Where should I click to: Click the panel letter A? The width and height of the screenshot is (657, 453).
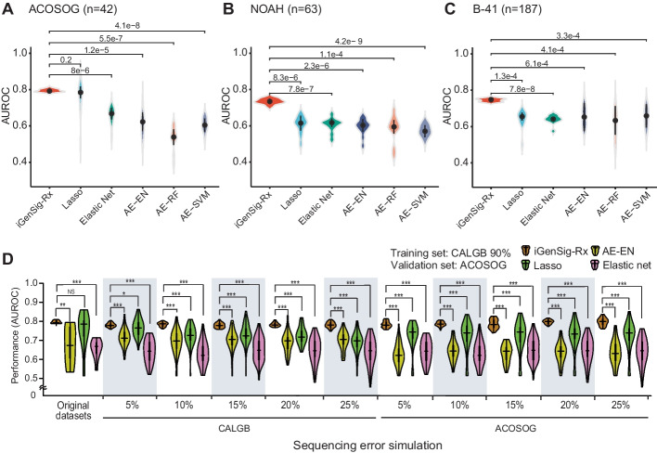click(8, 8)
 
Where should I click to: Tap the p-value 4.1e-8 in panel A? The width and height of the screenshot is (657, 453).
click(127, 26)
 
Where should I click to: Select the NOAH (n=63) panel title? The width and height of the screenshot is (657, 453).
click(286, 8)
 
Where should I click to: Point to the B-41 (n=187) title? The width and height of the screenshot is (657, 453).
click(507, 8)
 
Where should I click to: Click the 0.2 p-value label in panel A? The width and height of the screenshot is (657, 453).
click(66, 60)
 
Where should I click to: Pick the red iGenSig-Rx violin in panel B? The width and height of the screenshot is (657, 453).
click(270, 101)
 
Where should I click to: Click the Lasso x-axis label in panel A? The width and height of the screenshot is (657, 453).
click(72, 199)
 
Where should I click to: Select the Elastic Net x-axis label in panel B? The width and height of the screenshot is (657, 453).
click(316, 207)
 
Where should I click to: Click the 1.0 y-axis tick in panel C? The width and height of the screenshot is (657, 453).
click(462, 53)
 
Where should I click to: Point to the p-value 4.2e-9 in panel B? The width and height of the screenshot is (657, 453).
click(349, 41)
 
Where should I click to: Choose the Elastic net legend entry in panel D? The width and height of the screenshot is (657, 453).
click(620, 265)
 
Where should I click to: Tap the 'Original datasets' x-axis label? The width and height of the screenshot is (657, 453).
click(73, 410)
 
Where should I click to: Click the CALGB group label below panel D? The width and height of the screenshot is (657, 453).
click(235, 428)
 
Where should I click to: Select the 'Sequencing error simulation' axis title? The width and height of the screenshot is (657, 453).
click(367, 445)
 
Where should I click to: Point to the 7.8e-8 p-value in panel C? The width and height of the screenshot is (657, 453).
click(522, 89)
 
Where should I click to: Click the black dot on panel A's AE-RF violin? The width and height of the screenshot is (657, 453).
click(174, 137)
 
